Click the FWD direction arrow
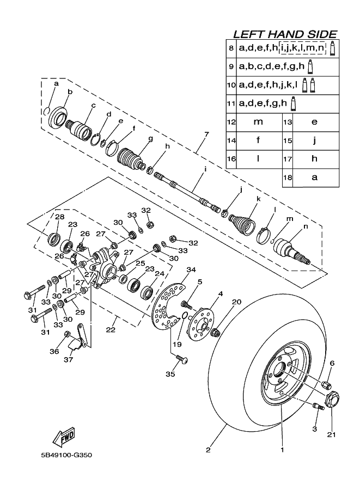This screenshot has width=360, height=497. point(64,435)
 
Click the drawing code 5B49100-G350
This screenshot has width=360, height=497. point(66,456)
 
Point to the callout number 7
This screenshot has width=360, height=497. point(206,134)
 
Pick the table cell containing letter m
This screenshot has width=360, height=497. point(258,122)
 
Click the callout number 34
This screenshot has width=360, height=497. point(190,270)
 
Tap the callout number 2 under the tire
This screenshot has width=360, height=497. point(208,450)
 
